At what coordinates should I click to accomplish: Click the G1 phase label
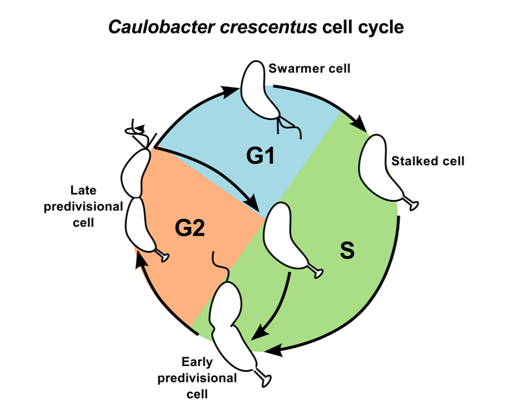pyautogui.click(x=260, y=156)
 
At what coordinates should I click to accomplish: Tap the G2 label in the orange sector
pyautogui.click(x=190, y=229)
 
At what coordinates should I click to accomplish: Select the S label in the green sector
pyautogui.click(x=347, y=251)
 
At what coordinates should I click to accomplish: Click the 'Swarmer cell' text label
pyautogui.click(x=309, y=68)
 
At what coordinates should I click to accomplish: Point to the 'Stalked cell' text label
pyautogui.click(x=428, y=161)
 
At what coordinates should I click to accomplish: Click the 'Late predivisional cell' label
pyautogui.click(x=83, y=207)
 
